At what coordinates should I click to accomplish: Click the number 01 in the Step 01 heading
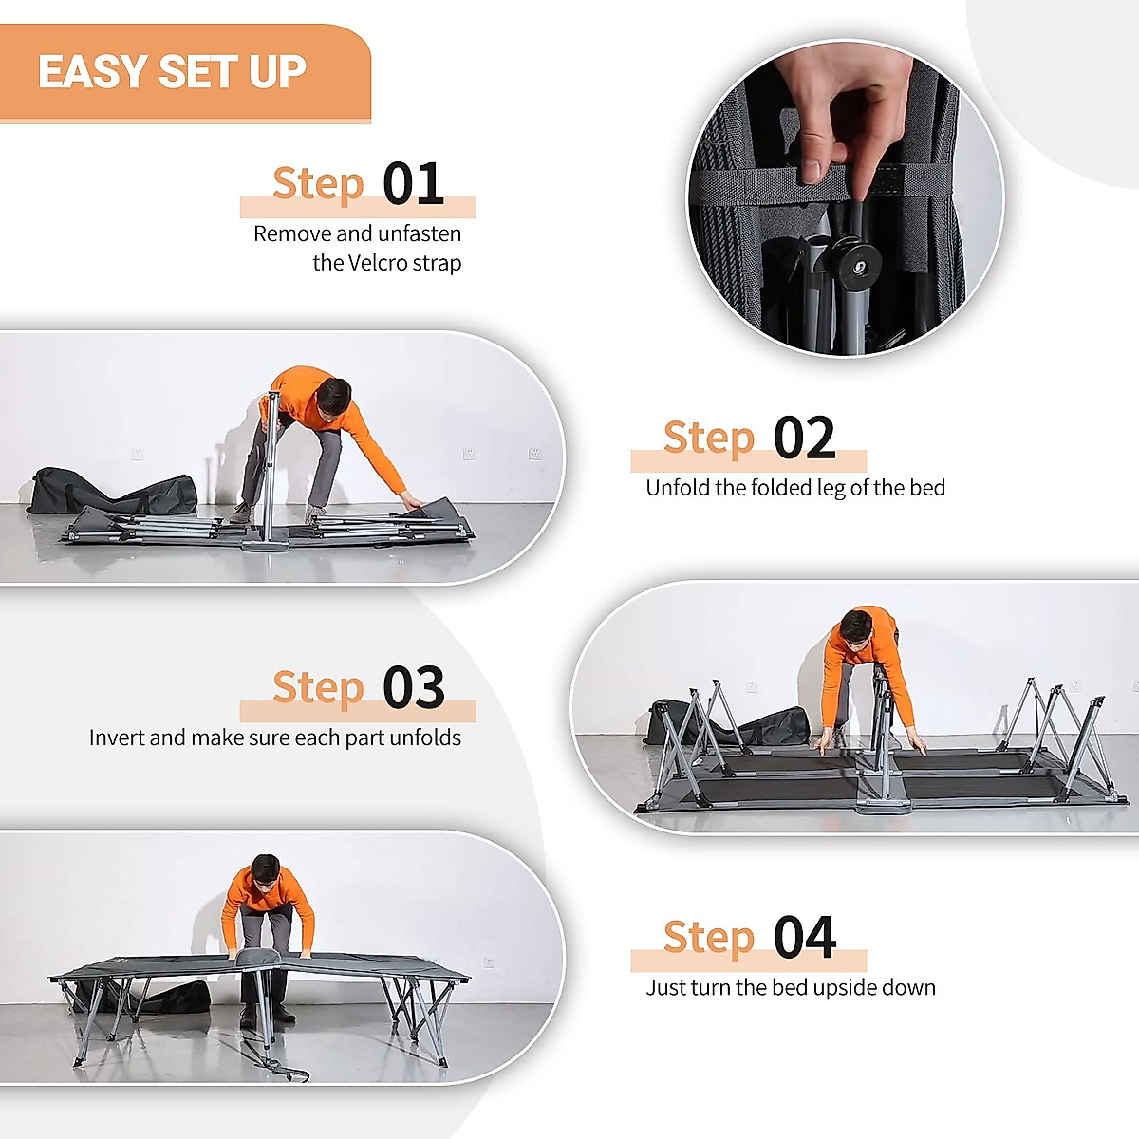tap(413, 183)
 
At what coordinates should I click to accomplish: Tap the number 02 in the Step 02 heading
tap(804, 438)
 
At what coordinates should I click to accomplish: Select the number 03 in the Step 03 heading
tap(413, 687)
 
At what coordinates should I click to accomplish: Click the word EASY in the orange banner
tap(93, 71)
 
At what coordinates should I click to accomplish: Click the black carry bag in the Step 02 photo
tap(113, 492)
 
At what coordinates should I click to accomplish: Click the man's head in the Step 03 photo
tap(855, 628)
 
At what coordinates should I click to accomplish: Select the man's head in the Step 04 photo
tap(265, 871)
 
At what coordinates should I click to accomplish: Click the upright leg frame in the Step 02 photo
tap(271, 470)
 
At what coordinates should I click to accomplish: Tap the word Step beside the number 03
tap(318, 688)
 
